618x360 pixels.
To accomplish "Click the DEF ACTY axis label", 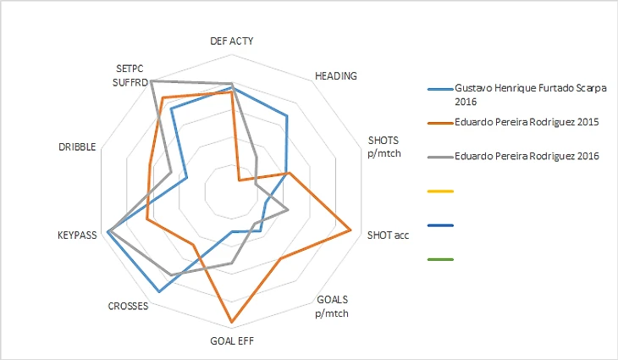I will pos(231,41).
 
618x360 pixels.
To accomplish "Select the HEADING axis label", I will pos(335,75).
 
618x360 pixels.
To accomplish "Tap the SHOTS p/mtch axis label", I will pos(383,146).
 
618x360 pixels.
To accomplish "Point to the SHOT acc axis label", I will pos(388,235).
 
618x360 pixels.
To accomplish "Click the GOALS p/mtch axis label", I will pos(331,306).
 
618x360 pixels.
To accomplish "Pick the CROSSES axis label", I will pos(129,306).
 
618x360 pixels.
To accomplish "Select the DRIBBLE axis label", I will pos(77,147).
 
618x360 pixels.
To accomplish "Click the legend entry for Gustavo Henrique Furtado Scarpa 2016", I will pos(531,93).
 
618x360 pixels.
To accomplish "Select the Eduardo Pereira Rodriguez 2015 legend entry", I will pos(527,123).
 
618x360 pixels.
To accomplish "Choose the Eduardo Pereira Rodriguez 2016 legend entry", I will pos(527,156).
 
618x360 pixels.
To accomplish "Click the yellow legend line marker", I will pos(441,191).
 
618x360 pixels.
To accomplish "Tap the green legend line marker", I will pos(441,259).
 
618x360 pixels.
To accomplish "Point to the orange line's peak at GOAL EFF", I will pos(231,323).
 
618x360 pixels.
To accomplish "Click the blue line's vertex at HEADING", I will pos(287,116).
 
